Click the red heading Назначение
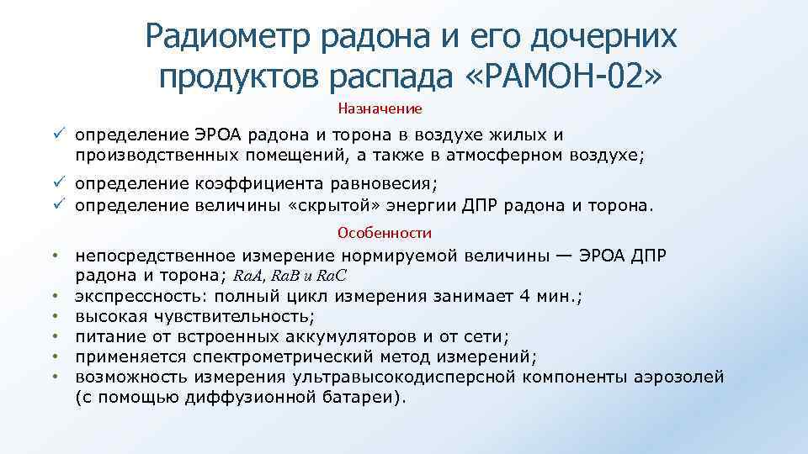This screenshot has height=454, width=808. tap(380, 108)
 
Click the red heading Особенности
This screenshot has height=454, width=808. tap(384, 233)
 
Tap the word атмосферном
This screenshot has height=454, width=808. tap(525, 155)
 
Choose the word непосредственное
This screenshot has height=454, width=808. tap(155, 256)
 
